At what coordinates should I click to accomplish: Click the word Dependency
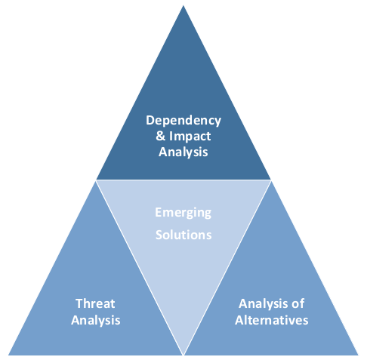[x=183, y=121]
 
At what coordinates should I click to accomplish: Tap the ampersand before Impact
[x=160, y=136]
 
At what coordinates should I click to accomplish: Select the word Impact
[x=190, y=137]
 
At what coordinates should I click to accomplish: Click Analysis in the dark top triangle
[x=183, y=152]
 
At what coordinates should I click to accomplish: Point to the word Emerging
[x=183, y=213]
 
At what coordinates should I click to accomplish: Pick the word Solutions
[x=183, y=235]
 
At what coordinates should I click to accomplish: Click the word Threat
[x=95, y=303]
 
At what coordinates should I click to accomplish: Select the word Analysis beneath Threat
[x=96, y=321]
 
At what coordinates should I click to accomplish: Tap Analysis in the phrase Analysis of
[x=264, y=304]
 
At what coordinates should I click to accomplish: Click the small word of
[x=298, y=303]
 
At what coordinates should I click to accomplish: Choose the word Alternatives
[x=272, y=320]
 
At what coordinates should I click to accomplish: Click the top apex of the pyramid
[x=183, y=5]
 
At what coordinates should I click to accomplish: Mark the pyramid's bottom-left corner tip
[x=8, y=355]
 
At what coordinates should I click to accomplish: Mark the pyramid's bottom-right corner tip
[x=358, y=355]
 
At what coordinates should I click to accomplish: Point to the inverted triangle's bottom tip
[x=183, y=355]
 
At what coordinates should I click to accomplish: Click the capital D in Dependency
[x=150, y=120]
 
